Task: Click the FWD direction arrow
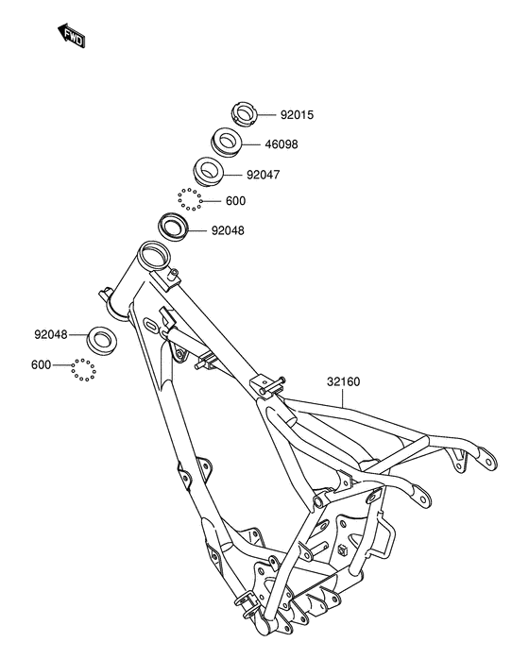tap(71, 36)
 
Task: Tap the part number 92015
tap(297, 115)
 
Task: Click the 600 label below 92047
tap(235, 201)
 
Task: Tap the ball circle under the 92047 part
tap(190, 199)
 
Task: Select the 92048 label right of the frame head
tap(228, 229)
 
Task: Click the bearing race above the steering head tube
tap(173, 228)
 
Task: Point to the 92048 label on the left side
tap(53, 334)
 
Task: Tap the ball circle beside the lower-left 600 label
tap(84, 370)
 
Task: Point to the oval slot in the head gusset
tap(151, 326)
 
